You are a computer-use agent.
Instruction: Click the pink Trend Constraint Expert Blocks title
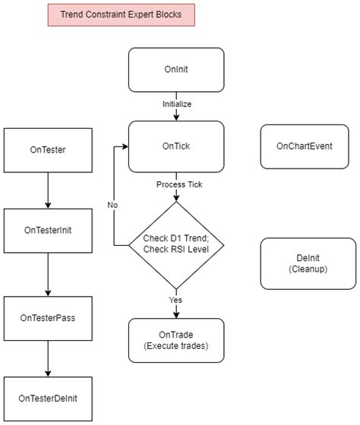click(121, 14)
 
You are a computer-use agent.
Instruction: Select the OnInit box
click(176, 69)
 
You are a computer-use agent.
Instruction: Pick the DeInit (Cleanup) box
click(308, 263)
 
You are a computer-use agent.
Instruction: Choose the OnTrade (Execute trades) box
click(176, 341)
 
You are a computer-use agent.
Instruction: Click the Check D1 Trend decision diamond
click(176, 245)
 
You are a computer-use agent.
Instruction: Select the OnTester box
click(48, 150)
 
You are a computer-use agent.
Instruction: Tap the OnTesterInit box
click(48, 230)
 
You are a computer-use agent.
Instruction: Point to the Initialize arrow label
click(176, 103)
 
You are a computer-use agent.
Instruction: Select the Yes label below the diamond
click(176, 300)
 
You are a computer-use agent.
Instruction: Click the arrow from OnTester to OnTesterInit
click(48, 190)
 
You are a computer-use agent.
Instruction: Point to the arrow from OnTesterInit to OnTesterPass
click(48, 272)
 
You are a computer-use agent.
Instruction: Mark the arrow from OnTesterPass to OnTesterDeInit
click(48, 356)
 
